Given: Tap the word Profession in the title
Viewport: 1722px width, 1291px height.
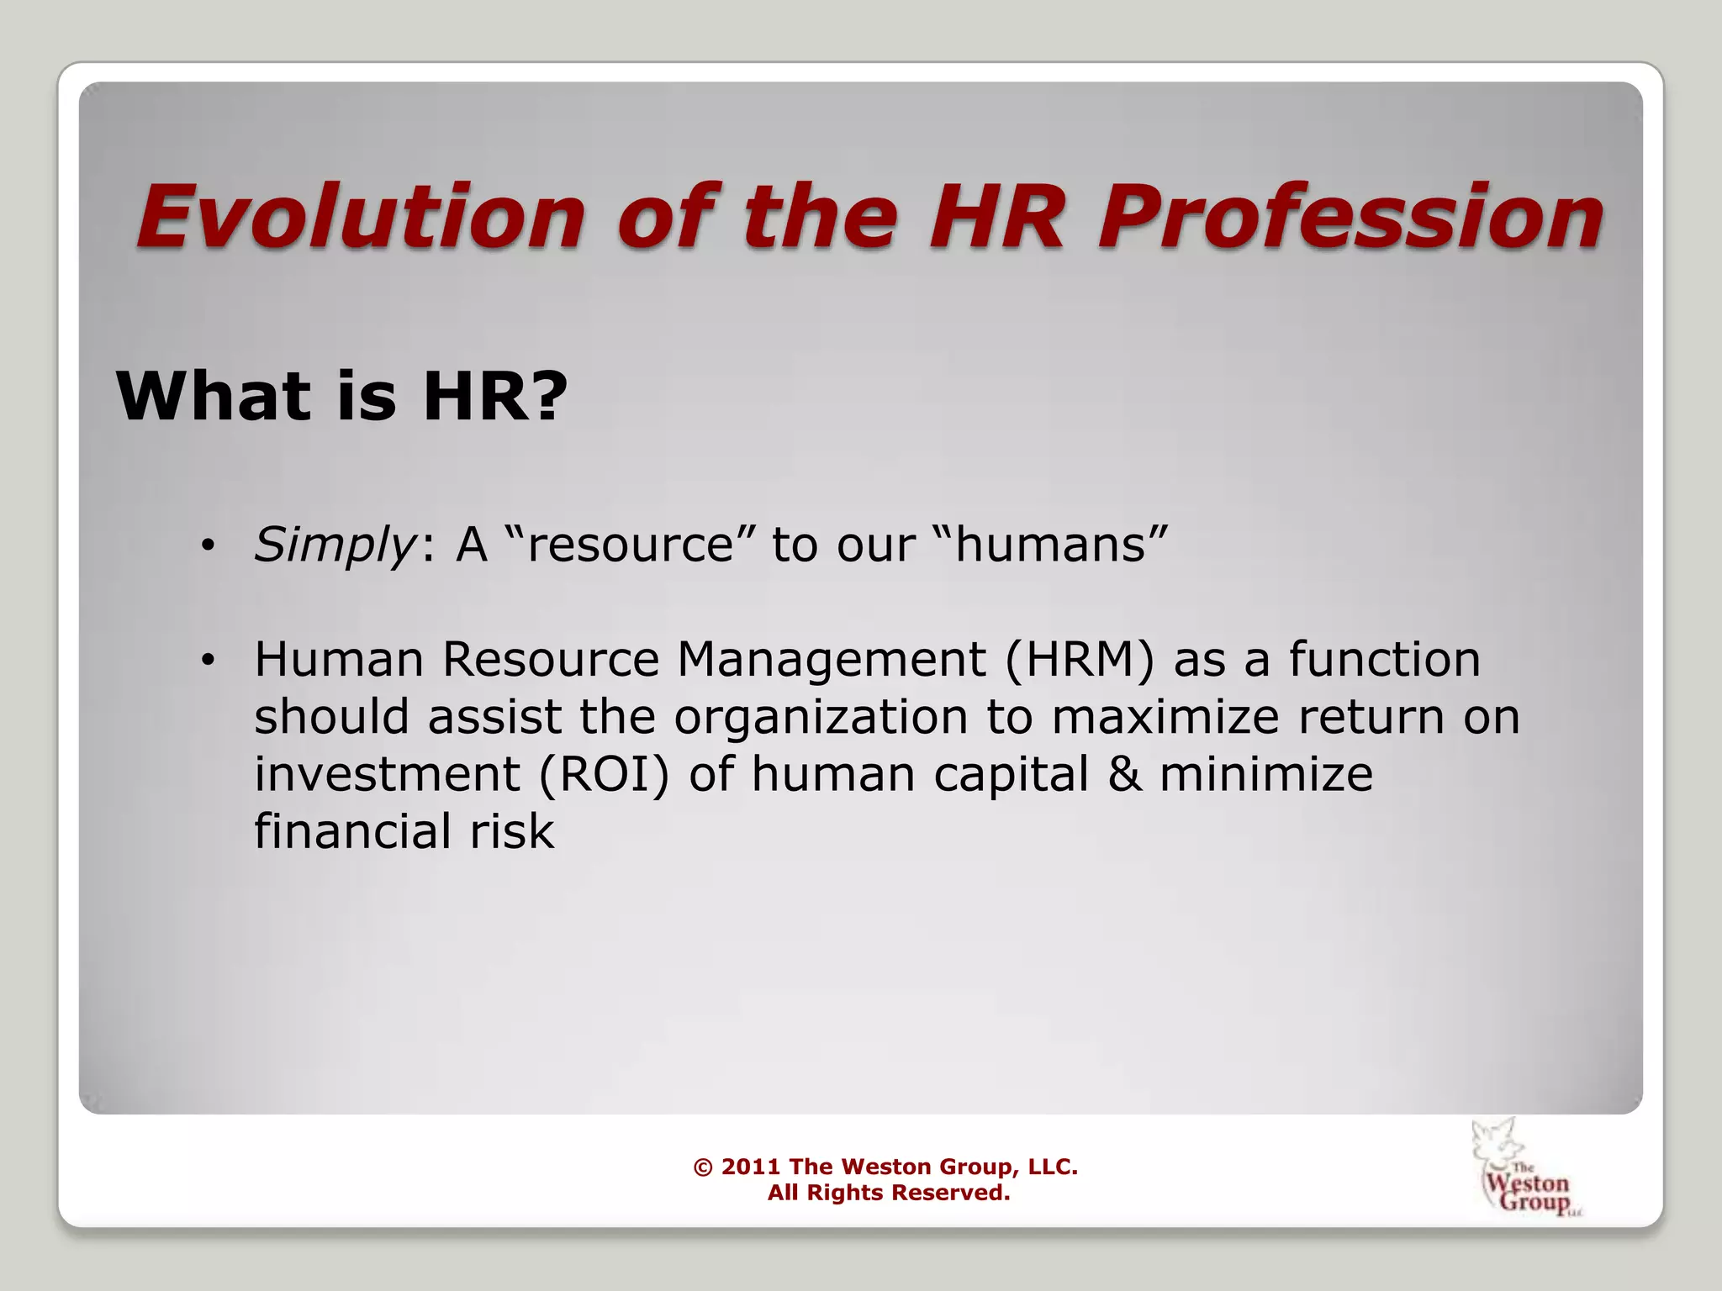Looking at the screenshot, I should (1349, 219).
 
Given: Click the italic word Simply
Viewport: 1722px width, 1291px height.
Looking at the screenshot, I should (333, 545).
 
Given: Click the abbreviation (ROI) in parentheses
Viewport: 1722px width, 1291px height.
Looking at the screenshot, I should (604, 773).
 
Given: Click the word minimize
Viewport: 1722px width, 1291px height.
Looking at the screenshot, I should (1266, 773).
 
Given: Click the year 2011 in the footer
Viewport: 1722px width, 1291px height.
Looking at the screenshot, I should (751, 1167).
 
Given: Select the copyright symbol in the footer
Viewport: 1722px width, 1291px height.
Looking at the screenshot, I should (702, 1167).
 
